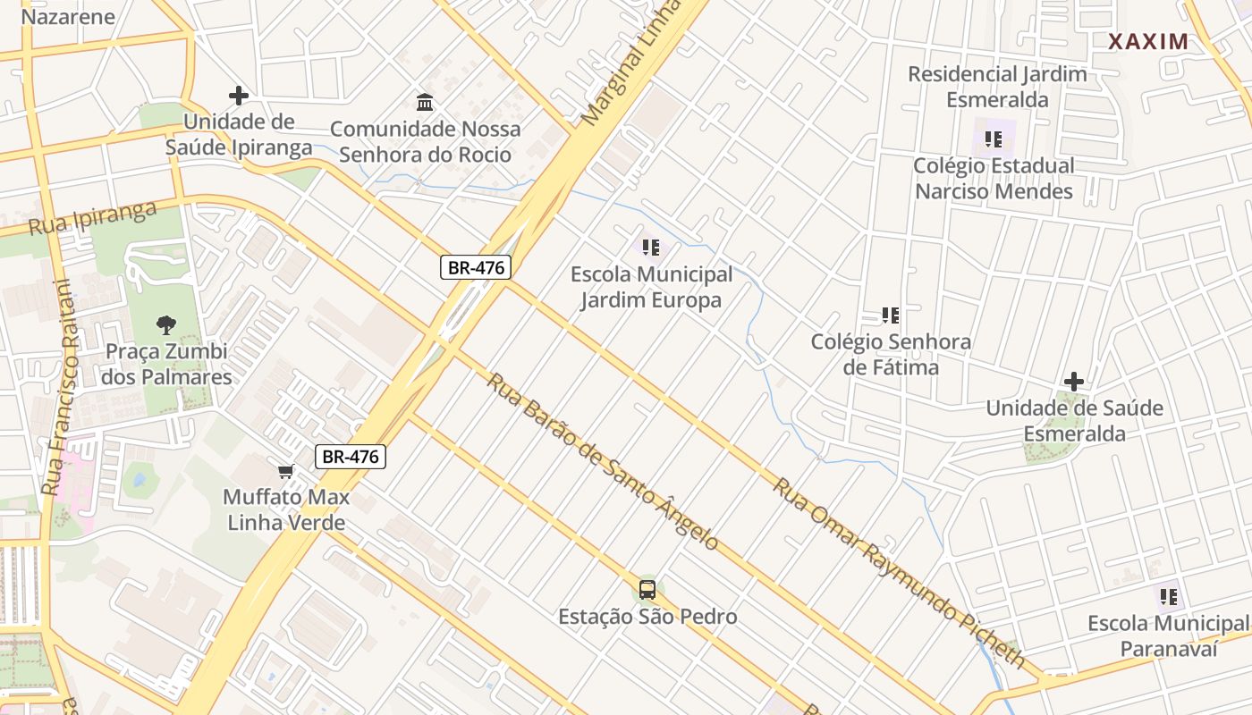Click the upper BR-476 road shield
475,266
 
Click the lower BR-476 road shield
351,457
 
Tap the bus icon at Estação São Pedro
647,590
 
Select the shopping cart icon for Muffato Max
285,471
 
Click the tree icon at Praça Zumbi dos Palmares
165,325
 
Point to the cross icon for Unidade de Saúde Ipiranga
238,95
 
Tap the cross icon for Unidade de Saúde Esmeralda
1074,382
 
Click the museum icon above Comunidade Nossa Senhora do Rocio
425,102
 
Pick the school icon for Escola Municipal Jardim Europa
651,247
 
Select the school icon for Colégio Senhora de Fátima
890,315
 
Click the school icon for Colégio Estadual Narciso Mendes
993,139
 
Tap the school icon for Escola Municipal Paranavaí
1167,596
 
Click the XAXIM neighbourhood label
1148,41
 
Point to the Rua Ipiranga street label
92,218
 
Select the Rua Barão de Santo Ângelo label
603,462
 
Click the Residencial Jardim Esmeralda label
997,87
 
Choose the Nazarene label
68,16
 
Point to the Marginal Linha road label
630,63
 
